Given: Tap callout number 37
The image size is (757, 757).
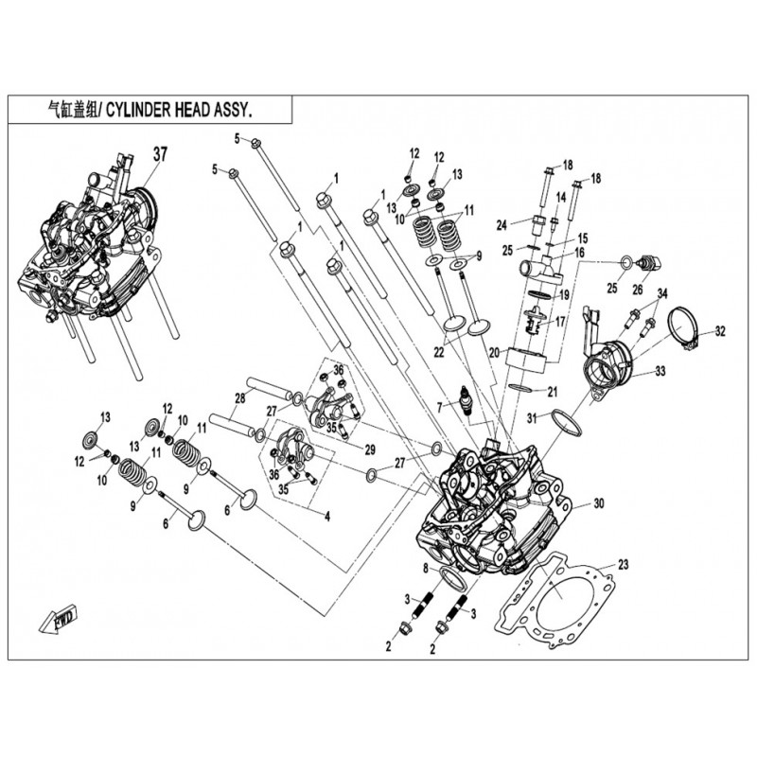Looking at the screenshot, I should [160, 154].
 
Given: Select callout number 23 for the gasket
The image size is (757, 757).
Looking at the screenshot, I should [623, 566].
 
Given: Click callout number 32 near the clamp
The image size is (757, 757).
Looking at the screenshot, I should [720, 332].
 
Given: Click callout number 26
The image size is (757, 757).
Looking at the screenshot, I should [637, 289].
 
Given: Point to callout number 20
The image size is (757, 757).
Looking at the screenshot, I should [492, 352].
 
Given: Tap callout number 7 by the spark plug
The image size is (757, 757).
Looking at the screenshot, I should [439, 407].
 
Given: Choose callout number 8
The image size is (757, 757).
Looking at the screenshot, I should [426, 568].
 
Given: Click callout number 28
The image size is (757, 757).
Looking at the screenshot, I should [240, 397].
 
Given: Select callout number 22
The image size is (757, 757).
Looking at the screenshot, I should [437, 352].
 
